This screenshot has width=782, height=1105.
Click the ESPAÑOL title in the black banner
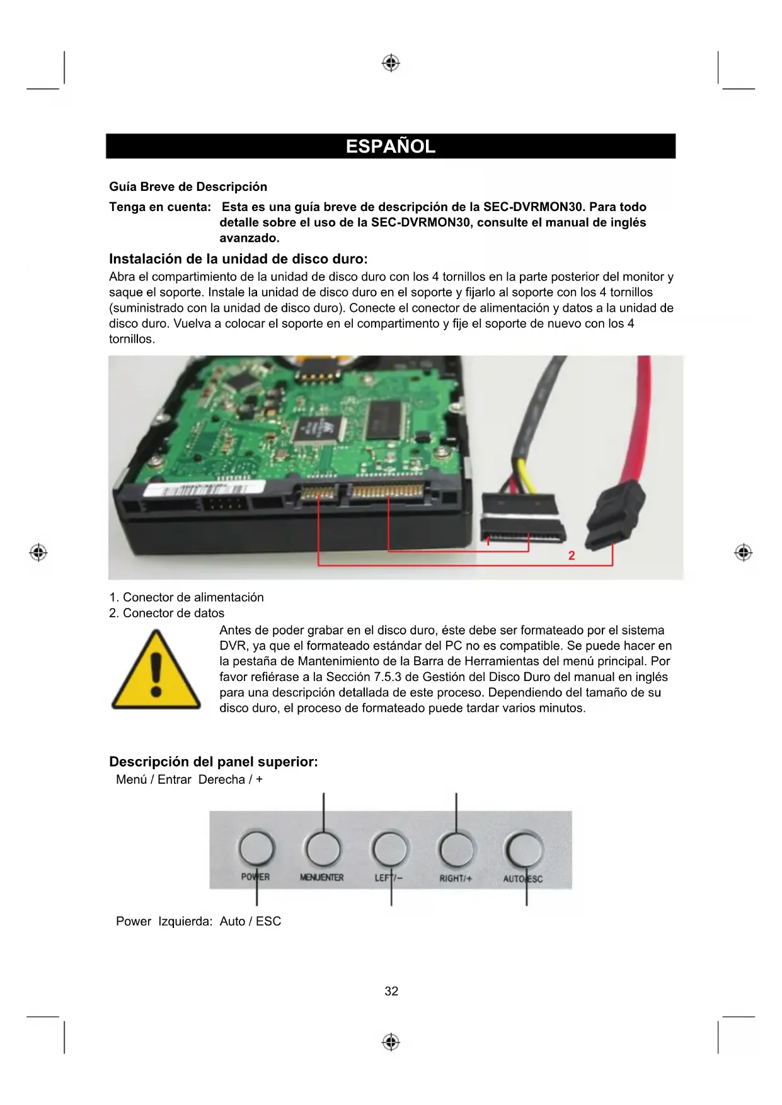tap(391, 146)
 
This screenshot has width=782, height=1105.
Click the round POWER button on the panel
tap(256, 849)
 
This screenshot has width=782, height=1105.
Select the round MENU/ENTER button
tap(323, 849)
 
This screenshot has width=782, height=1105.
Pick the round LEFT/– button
tap(390, 849)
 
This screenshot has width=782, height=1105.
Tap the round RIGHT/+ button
tap(456, 849)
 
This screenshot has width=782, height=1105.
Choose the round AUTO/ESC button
tap(524, 850)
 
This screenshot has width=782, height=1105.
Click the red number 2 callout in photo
tap(572, 556)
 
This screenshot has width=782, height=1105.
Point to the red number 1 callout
tap(488, 541)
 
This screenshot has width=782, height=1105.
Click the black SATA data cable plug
tap(615, 513)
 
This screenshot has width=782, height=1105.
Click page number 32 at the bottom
tap(391, 992)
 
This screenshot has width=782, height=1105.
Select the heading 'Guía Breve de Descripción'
tap(188, 186)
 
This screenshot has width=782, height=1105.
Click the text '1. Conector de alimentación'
tap(187, 597)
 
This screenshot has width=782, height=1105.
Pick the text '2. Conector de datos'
tap(167, 613)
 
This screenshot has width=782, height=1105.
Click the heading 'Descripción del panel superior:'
tap(214, 762)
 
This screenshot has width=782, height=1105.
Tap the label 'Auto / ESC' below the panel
tap(250, 921)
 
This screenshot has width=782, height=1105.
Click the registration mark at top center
tap(391, 63)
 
